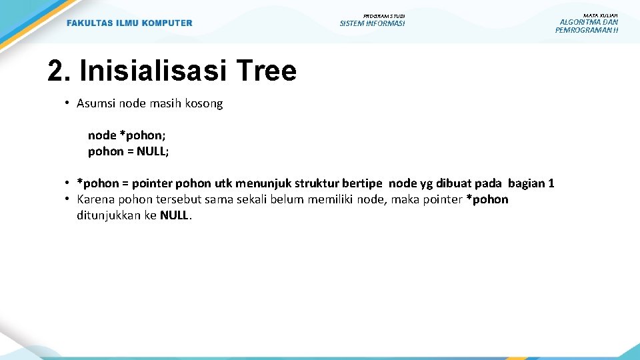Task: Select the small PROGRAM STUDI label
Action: pos(384,16)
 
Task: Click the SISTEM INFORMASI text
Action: pos(372,24)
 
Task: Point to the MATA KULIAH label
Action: pos(600,15)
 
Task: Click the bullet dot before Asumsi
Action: pos(68,103)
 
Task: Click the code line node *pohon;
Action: pos(127,135)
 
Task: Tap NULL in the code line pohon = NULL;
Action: pos(152,151)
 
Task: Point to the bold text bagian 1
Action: pos(531,183)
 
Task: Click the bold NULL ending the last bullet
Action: pos(175,215)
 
